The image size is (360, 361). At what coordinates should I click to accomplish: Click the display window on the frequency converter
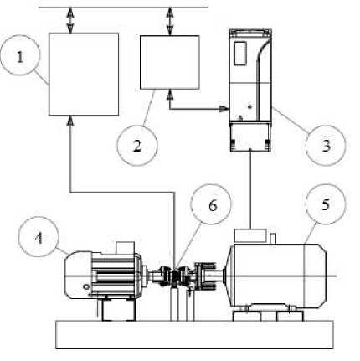pyautogui.click(x=240, y=54)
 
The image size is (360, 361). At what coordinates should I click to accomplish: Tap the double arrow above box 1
pyautogui.click(x=70, y=20)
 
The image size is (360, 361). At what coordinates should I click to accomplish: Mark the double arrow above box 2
pyautogui.click(x=170, y=22)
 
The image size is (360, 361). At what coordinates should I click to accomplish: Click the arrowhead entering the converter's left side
pyautogui.click(x=224, y=109)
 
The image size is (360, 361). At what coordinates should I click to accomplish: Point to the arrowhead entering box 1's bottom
pyautogui.click(x=70, y=121)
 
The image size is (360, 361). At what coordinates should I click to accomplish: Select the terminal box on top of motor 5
pyautogui.click(x=250, y=235)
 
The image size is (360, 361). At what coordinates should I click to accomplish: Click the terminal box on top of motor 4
pyautogui.click(x=125, y=248)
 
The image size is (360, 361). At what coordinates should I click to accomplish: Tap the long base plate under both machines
pyautogui.click(x=194, y=334)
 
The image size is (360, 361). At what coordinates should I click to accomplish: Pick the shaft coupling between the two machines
pyautogui.click(x=173, y=276)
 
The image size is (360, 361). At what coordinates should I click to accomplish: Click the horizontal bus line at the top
pyautogui.click(x=123, y=8)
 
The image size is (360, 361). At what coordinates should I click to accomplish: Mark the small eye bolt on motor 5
pyautogui.click(x=273, y=238)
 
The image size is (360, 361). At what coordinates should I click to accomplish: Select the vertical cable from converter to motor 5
pyautogui.click(x=250, y=190)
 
